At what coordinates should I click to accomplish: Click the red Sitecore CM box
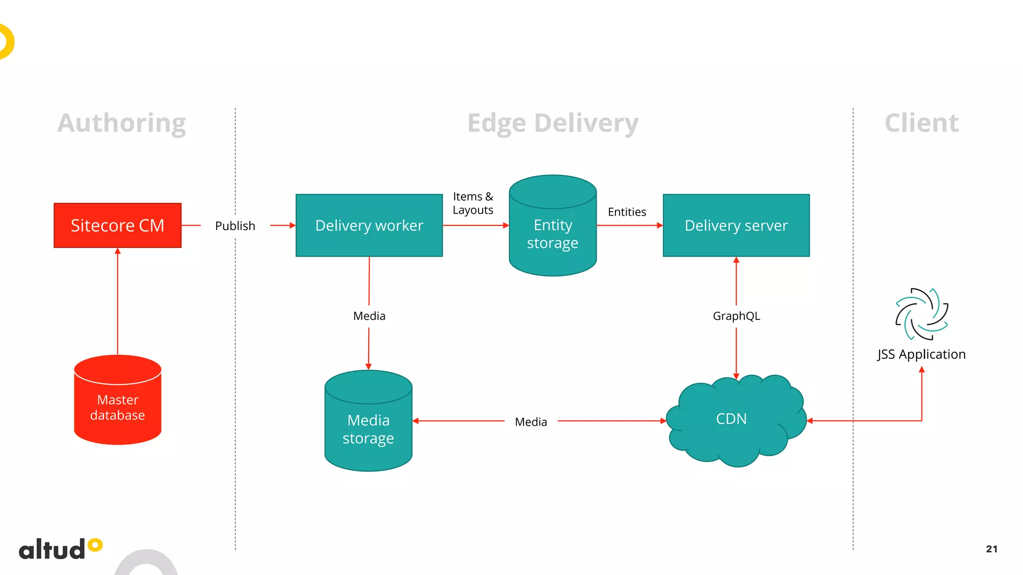tap(117, 225)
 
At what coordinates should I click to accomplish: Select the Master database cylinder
tap(117, 402)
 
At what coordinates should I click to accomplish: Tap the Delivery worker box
tap(369, 225)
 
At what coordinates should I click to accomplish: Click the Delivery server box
tap(736, 225)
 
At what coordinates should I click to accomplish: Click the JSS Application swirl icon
tap(922, 314)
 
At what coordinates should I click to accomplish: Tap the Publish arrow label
tap(235, 226)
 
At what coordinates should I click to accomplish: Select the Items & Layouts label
tap(473, 203)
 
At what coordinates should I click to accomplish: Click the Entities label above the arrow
tap(626, 212)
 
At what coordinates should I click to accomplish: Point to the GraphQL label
tap(736, 316)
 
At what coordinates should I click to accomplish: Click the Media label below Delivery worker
tap(369, 316)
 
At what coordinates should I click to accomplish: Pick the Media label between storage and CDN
tap(530, 422)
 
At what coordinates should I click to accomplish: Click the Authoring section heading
tap(121, 123)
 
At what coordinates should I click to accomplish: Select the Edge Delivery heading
tap(552, 123)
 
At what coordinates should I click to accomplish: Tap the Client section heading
tap(921, 123)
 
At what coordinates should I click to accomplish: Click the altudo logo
tap(60, 549)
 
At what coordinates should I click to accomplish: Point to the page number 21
tap(992, 549)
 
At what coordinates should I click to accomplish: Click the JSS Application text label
tap(921, 354)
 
